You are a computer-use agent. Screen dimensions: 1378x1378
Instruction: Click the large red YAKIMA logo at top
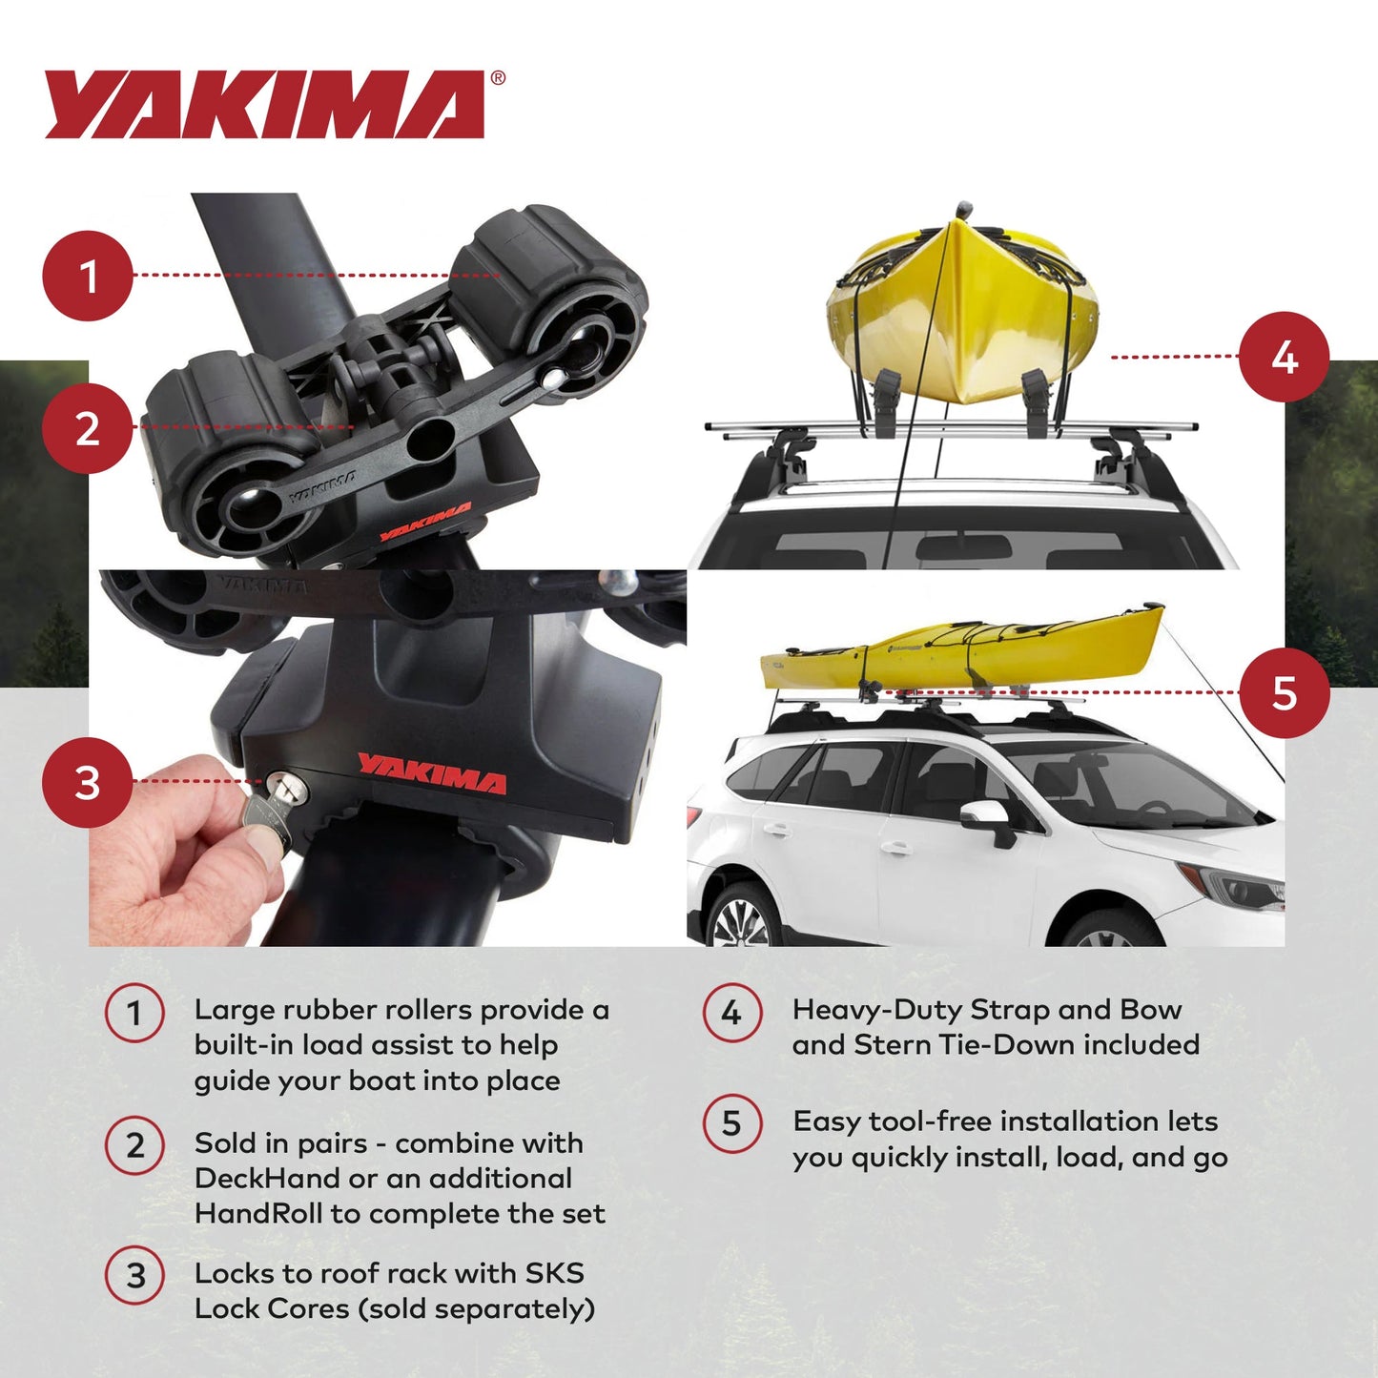pyautogui.click(x=265, y=104)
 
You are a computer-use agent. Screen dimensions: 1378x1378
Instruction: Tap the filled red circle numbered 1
pyautogui.click(x=87, y=276)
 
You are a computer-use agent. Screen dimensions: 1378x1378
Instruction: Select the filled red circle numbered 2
pyautogui.click(x=87, y=428)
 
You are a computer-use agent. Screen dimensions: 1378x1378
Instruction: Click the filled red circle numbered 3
pyautogui.click(x=87, y=783)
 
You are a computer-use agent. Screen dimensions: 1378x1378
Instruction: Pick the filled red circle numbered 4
pyautogui.click(x=1284, y=358)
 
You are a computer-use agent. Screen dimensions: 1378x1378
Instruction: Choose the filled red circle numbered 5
pyautogui.click(x=1284, y=693)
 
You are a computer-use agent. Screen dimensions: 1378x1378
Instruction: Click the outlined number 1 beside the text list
pyautogui.click(x=134, y=1013)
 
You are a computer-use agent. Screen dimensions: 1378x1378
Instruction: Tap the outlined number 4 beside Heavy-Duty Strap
pyautogui.click(x=731, y=1013)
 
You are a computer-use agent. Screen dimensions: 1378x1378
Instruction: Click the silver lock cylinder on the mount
pyautogui.click(x=283, y=787)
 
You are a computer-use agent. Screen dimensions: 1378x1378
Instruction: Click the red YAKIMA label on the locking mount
pyautogui.click(x=431, y=772)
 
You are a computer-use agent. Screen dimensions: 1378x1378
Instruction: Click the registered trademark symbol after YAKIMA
pyautogui.click(x=498, y=79)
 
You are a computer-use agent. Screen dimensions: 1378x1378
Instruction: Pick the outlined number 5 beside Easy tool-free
pyautogui.click(x=731, y=1123)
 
